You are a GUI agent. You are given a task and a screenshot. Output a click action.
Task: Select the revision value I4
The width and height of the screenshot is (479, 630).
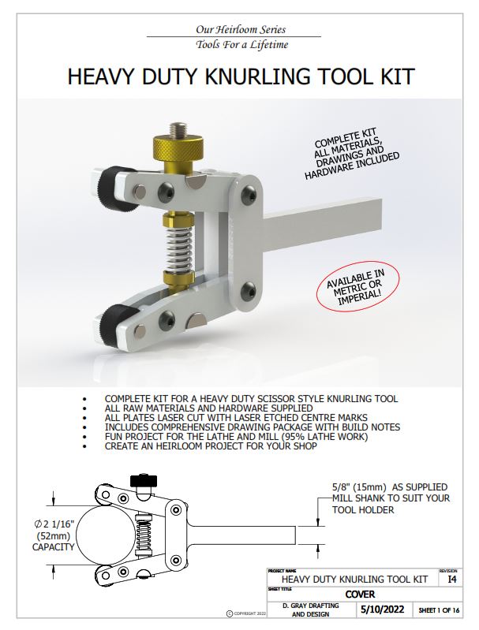[451, 579]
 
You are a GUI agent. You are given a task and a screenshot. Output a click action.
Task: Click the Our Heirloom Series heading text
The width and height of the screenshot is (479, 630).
[233, 30]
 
